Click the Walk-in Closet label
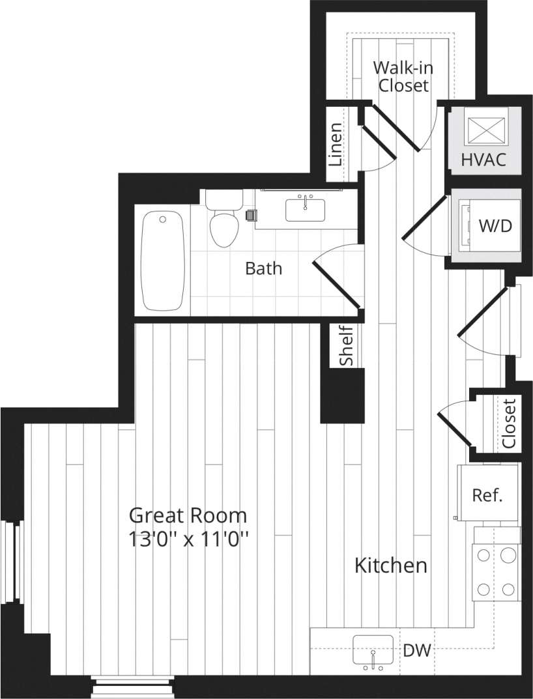point(403,76)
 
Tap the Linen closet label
point(335,144)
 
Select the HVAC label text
point(483,160)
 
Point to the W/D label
point(495,226)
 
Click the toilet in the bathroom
point(223,221)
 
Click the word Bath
point(264,268)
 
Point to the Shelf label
point(347,346)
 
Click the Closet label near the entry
point(509,423)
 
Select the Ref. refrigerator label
point(487,495)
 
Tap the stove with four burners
point(497,572)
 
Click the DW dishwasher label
point(417,650)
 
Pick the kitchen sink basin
point(373,649)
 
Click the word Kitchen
point(390,565)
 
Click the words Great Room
point(188,515)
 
